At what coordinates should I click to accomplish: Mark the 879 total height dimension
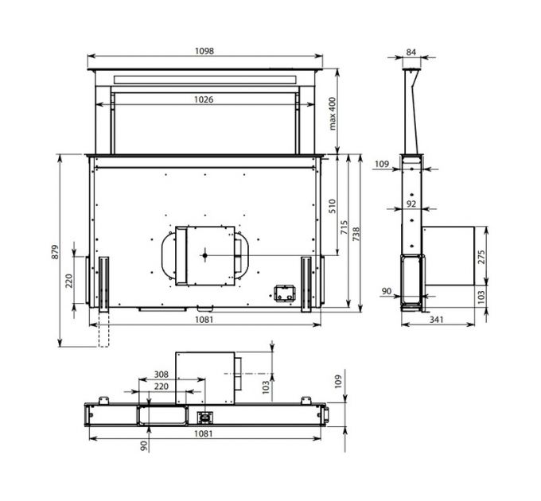coord(55,250)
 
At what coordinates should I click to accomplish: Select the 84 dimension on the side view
coord(411,52)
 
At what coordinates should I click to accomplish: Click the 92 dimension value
coord(411,204)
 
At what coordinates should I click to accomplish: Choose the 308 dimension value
coord(162,374)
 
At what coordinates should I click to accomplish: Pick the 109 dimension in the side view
coord(382,164)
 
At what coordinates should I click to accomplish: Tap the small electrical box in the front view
coord(282,293)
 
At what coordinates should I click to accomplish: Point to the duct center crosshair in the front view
coord(205,255)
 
